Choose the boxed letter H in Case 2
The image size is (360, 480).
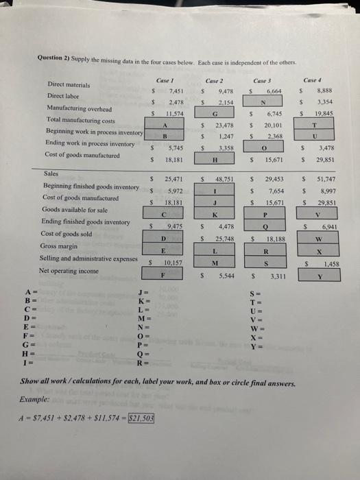216,156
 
